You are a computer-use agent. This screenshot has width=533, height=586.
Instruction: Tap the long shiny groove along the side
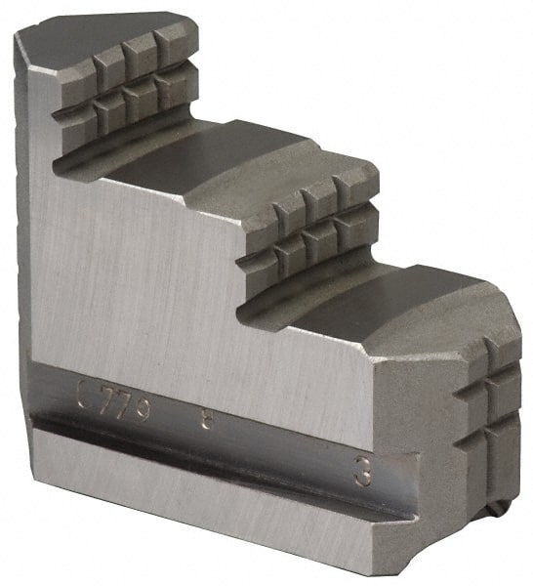tap(215, 444)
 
